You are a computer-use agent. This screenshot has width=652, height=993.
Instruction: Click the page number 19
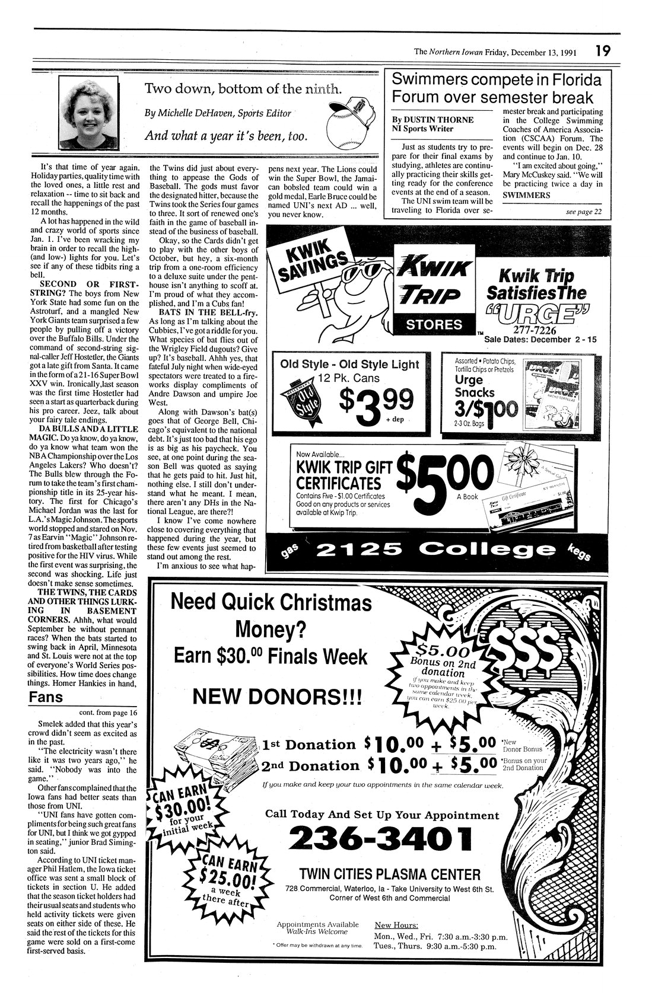click(x=603, y=51)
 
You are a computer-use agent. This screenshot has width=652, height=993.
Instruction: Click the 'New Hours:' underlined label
click(x=397, y=925)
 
